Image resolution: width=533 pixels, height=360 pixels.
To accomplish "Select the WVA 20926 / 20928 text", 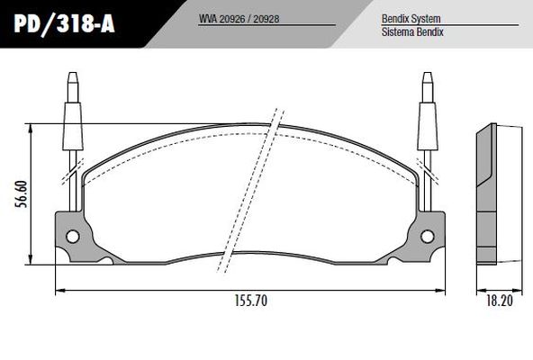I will coord(238,17).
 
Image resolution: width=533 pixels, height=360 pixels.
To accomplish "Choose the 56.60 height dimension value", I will coord(21,193).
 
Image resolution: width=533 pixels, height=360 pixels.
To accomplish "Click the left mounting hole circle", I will coord(73,238).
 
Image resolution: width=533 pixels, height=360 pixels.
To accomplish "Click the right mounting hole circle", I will coord(429,238).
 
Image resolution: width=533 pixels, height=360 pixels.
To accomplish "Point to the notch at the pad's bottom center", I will coord(250,255).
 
